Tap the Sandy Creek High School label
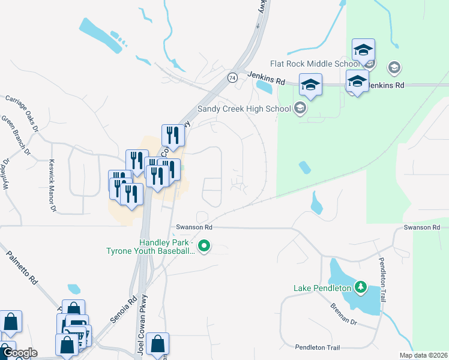(244, 109)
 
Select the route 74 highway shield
(232, 77)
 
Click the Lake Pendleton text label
(322, 288)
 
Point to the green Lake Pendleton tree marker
(361, 287)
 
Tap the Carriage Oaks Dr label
(22, 112)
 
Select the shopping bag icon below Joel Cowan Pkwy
(157, 344)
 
